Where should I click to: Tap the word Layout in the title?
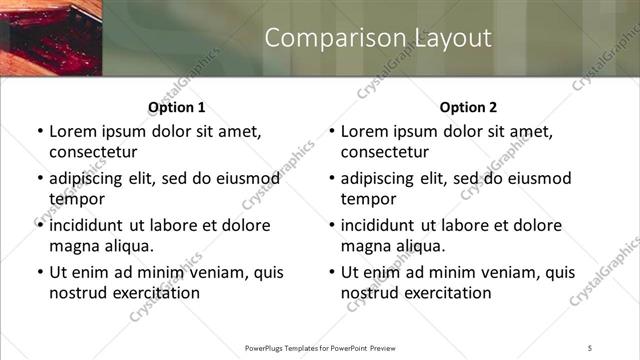click(x=451, y=38)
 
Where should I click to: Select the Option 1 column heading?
click(x=177, y=107)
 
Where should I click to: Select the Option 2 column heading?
click(x=468, y=107)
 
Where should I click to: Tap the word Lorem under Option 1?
click(x=74, y=131)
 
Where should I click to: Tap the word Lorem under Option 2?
click(x=366, y=131)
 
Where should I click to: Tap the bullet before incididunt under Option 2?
click(x=330, y=225)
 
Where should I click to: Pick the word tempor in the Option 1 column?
click(x=76, y=198)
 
